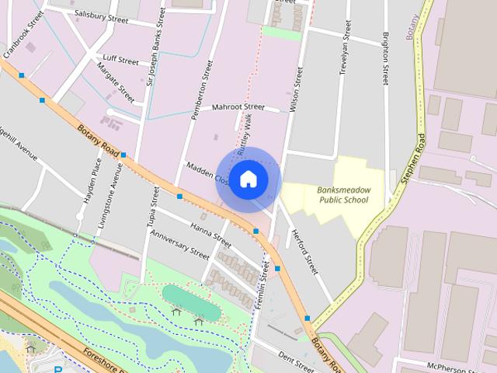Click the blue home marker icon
[x=248, y=179]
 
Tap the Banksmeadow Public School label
[x=343, y=194]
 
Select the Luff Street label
[x=120, y=61]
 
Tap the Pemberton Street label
[x=201, y=90]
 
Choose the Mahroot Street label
[x=238, y=106]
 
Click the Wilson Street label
[x=296, y=89]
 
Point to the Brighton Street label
[x=385, y=54]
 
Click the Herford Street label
[x=304, y=253]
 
